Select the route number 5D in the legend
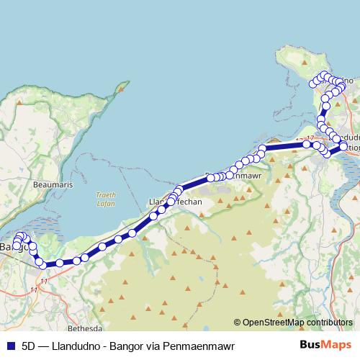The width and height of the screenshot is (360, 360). click(29, 346)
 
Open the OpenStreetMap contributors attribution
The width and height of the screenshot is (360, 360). click(297, 323)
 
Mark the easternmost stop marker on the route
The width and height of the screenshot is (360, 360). click(343, 147)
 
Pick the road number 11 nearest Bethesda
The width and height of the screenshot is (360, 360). click(33, 289)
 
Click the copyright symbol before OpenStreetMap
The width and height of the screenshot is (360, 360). click(238, 323)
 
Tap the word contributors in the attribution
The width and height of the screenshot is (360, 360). click(328, 323)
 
